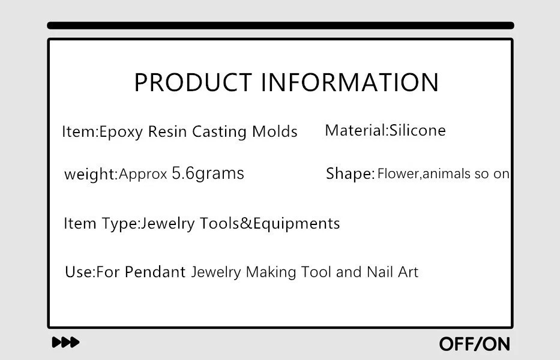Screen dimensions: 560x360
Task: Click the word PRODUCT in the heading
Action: tap(193, 82)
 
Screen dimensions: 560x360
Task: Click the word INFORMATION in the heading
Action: tap(350, 82)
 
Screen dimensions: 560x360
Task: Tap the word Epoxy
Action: tap(121, 132)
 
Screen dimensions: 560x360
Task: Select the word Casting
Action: tap(219, 132)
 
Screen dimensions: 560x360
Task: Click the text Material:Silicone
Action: tap(385, 130)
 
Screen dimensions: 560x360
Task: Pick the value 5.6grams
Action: tap(208, 173)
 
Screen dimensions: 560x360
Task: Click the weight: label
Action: tap(91, 174)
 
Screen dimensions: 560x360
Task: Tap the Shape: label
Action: tap(351, 173)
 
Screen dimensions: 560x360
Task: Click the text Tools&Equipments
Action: tap(269, 224)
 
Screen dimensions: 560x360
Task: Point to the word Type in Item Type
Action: tap(120, 224)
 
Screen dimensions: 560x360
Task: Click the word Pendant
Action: tap(155, 272)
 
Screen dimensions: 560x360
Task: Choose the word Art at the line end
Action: tap(408, 272)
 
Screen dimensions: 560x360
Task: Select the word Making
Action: tap(271, 272)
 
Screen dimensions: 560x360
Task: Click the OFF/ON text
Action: tap(475, 344)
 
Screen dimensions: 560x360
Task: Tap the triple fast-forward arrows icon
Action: tap(65, 342)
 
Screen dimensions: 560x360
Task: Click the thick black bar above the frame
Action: tap(281, 25)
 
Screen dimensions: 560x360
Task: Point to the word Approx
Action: tap(143, 174)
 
